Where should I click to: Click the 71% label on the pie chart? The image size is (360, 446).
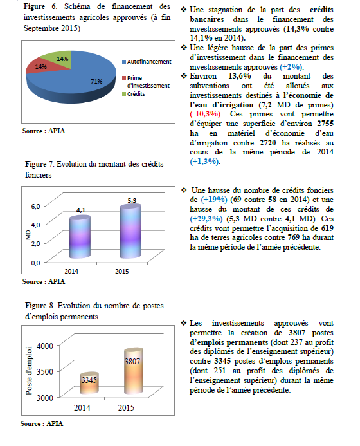click(96, 82)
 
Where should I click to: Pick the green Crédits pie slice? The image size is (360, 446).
click(59, 59)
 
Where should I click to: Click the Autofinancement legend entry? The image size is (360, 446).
click(147, 62)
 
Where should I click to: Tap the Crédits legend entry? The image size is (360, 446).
click(134, 94)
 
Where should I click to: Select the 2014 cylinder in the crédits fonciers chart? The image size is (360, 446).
click(80, 237)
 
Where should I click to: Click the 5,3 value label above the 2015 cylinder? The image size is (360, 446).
click(132, 201)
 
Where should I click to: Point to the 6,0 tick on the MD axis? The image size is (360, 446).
click(36, 206)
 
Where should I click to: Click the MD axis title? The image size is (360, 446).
click(28, 235)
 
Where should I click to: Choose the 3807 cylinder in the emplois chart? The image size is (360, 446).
click(134, 371)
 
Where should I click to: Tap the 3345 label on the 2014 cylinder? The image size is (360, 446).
click(89, 380)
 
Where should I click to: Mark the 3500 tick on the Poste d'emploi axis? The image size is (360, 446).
click(45, 372)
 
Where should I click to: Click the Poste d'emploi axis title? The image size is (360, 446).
click(29, 371)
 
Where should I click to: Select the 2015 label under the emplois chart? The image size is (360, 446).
click(126, 408)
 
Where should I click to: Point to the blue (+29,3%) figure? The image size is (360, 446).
click(206, 219)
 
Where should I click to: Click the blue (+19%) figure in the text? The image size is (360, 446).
click(214, 200)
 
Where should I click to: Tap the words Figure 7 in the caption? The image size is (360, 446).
click(39, 164)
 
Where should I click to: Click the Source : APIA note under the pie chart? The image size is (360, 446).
click(44, 131)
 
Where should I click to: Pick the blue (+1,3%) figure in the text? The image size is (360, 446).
click(205, 162)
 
